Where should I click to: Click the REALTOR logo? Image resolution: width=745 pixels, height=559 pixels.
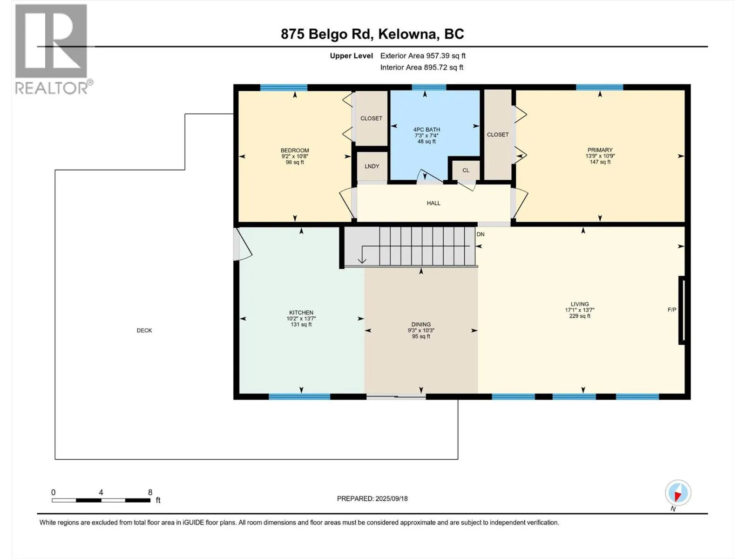[53, 49]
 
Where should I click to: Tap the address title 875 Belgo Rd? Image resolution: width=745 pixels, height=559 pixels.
[326, 34]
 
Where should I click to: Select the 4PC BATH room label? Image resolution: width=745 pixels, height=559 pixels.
[427, 130]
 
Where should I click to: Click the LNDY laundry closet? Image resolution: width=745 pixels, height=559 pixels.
[372, 166]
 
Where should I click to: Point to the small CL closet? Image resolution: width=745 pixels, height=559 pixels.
[466, 170]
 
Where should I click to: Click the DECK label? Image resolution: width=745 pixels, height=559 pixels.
[144, 330]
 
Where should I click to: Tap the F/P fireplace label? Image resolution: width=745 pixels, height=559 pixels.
[672, 309]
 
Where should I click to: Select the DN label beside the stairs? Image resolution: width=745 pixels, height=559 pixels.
[480, 234]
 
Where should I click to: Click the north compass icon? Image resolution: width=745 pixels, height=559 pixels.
[678, 493]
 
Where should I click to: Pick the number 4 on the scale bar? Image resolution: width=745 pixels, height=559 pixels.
[101, 492]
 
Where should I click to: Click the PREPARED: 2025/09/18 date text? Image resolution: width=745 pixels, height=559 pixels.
[372, 498]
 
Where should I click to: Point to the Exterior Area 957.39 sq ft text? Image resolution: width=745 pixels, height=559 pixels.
[423, 55]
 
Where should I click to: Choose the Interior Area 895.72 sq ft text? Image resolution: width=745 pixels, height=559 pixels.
[421, 67]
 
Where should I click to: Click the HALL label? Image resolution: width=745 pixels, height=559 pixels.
[433, 203]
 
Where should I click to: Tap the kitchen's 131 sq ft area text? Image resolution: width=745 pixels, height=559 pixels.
[301, 325]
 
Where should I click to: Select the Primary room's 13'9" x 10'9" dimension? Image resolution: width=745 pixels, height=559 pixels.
[600, 156]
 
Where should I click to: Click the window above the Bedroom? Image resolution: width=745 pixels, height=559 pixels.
[284, 88]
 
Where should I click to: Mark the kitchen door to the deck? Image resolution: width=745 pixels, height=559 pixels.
[242, 244]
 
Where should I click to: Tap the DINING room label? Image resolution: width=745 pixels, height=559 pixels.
[421, 325]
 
